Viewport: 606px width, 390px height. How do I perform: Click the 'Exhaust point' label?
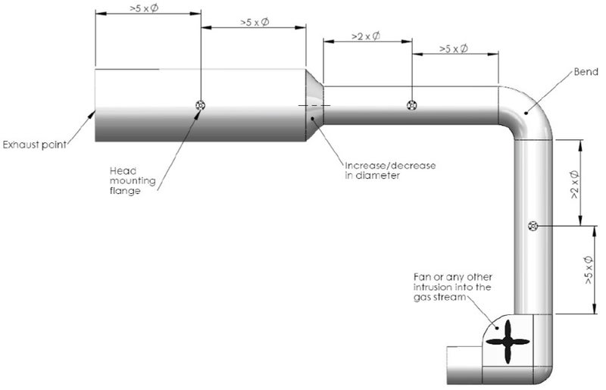point(33,144)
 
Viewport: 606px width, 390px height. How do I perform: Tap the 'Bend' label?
point(585,73)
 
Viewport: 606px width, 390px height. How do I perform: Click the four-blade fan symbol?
point(504,342)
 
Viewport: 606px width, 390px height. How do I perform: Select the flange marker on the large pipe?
point(200,105)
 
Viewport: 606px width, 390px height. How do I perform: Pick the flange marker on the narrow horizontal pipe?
point(411,105)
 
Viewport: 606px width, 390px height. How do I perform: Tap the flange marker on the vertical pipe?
point(533,226)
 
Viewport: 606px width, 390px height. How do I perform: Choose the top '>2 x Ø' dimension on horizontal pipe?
point(366,36)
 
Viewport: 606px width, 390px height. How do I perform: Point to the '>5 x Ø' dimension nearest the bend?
point(453,49)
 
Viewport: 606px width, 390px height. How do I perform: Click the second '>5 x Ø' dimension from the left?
point(255,23)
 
